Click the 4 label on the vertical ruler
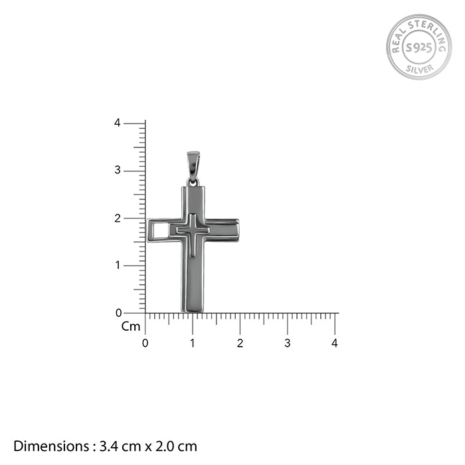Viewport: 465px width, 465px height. point(118,123)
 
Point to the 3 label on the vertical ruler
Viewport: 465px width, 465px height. point(118,170)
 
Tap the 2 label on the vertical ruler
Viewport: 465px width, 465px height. point(118,219)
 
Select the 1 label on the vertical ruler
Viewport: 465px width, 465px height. point(118,265)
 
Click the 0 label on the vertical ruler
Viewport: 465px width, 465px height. point(119,313)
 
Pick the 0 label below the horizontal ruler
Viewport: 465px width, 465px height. point(145,343)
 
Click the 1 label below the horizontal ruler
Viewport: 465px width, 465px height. point(193,343)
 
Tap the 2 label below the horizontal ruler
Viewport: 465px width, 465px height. point(240,343)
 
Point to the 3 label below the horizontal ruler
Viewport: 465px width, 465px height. point(288,343)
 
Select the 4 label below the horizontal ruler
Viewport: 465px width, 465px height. point(335,343)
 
